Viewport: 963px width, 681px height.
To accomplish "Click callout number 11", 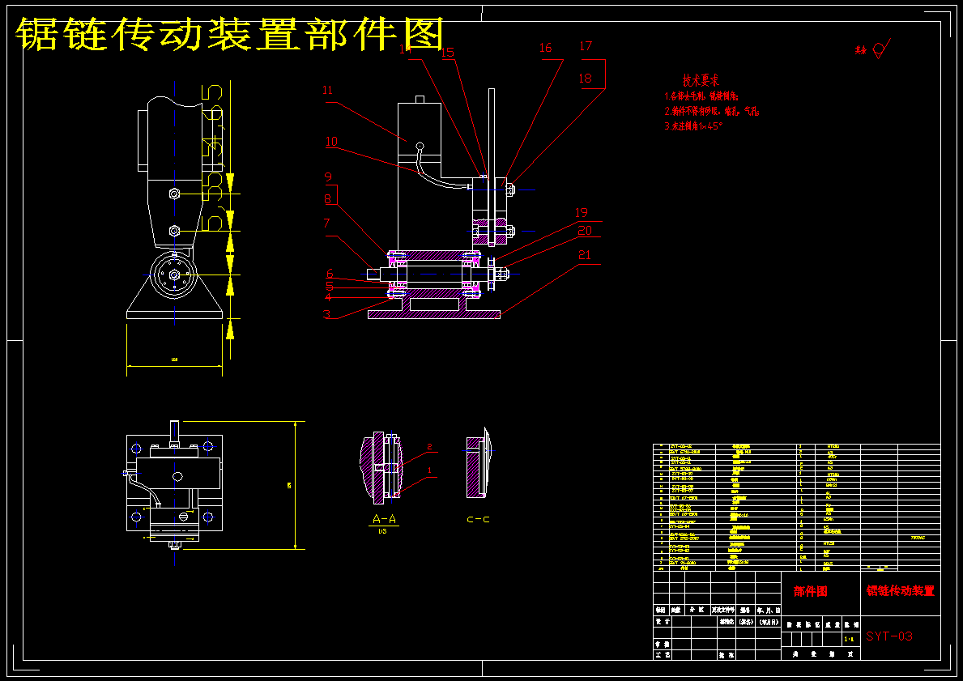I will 328,91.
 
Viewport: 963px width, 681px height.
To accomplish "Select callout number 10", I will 331,142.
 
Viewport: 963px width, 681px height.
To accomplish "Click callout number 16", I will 546,49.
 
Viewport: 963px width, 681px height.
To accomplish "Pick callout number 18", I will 586,79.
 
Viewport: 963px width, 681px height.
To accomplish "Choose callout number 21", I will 585,255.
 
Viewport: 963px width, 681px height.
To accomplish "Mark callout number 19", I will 582,213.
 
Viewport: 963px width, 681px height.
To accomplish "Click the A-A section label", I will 385,519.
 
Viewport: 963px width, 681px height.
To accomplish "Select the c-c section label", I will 478,519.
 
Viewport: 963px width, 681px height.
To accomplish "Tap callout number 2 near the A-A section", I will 430,447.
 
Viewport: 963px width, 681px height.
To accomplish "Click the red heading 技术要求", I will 701,81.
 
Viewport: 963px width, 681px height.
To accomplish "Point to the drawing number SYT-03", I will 888,636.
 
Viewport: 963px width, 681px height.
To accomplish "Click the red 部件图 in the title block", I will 811,591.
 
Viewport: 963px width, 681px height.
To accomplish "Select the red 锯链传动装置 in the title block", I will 900,591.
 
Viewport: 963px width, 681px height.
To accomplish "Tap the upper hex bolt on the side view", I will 173,194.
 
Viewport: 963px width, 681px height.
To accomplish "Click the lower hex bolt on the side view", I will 174,231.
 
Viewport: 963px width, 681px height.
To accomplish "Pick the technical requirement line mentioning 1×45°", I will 692,126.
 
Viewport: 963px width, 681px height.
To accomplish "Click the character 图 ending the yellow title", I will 424,34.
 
